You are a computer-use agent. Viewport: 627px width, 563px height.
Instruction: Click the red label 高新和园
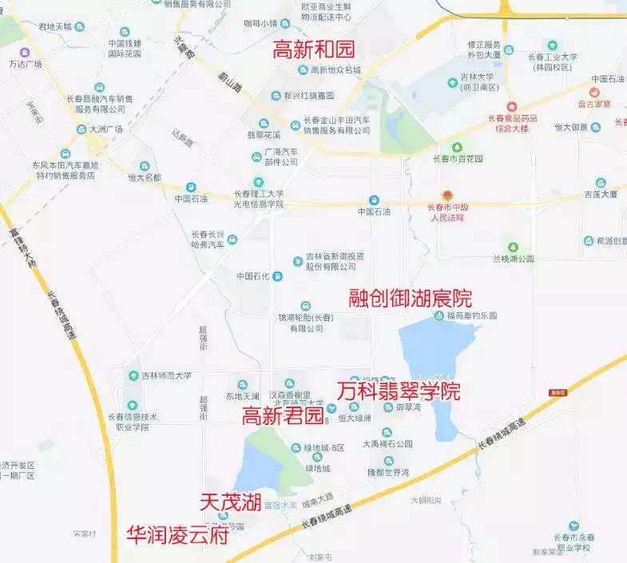pos(315,50)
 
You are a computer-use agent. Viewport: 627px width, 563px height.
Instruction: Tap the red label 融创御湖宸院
pos(411,299)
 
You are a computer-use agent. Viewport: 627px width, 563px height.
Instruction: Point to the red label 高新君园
pos(283,415)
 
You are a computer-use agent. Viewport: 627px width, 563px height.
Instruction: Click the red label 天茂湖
pos(231,502)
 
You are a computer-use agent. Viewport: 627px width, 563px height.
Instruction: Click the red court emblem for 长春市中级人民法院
pos(447,196)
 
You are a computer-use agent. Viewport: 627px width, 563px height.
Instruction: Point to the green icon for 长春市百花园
pos(457,147)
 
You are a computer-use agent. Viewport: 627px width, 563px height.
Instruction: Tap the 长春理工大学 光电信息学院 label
pos(258,199)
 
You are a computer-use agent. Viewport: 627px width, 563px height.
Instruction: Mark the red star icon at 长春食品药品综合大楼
pos(512,106)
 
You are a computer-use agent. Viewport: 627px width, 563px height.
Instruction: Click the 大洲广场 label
pos(105,129)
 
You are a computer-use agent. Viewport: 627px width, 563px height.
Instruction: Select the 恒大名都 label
pos(145,176)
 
